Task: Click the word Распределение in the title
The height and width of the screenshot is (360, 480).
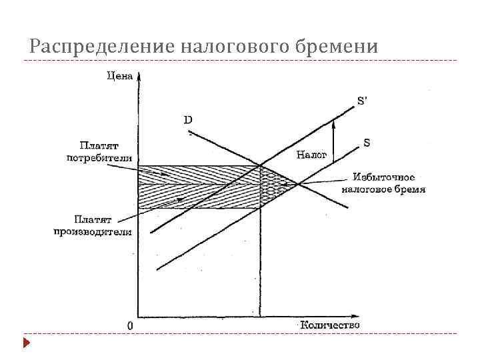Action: click(x=100, y=47)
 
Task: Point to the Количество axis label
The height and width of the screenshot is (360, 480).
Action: click(x=329, y=325)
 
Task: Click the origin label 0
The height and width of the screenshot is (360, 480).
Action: click(x=131, y=326)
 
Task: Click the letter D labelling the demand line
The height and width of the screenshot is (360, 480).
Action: click(x=188, y=121)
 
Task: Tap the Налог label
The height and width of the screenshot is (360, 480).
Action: click(x=311, y=155)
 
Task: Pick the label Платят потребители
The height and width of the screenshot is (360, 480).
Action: click(x=99, y=151)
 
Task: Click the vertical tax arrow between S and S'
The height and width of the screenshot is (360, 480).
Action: click(x=333, y=141)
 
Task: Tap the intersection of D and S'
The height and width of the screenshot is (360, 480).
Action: click(x=260, y=166)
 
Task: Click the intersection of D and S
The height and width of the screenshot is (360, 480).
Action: click(x=297, y=185)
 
